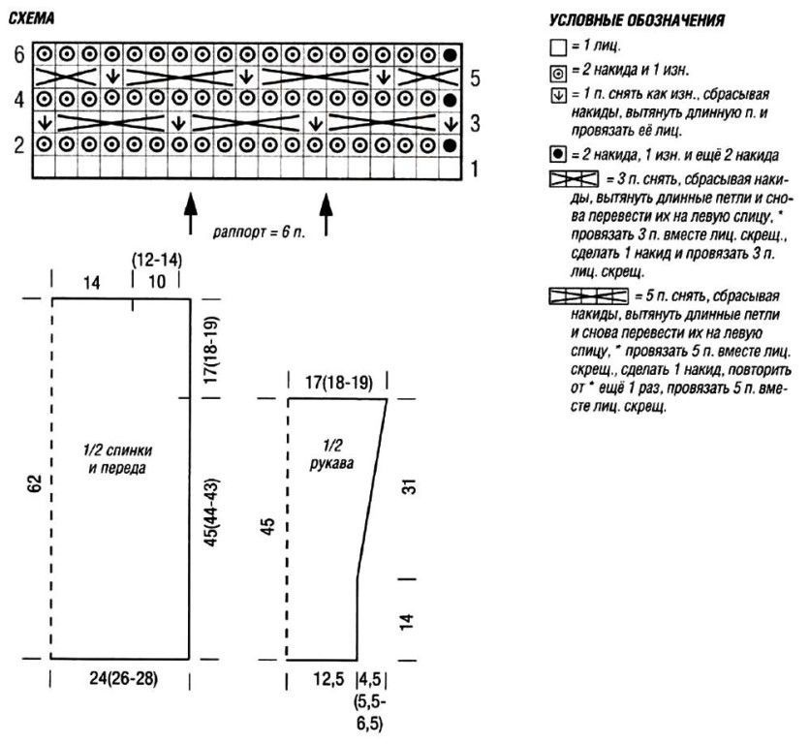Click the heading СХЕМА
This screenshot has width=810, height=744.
click(32, 19)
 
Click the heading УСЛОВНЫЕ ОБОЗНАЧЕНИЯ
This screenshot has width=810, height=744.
click(637, 20)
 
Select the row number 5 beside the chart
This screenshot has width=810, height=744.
click(475, 79)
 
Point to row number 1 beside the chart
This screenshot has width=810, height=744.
click(475, 169)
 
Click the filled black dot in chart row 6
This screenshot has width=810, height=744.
click(451, 55)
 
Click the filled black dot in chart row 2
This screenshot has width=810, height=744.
click(451, 145)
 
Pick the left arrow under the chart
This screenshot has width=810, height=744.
click(191, 214)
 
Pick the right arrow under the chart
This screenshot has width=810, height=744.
click(326, 214)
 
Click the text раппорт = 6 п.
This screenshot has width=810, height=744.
click(260, 232)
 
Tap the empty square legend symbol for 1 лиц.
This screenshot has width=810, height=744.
click(558, 48)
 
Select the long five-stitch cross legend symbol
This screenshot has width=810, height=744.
click(588, 296)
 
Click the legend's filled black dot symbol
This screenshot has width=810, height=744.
click(558, 154)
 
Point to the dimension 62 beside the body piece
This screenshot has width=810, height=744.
click(35, 483)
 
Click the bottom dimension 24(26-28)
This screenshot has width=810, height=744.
click(123, 678)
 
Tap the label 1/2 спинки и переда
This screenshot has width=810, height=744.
click(118, 459)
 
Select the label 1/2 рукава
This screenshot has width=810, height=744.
click(331, 454)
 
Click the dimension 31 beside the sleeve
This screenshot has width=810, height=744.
click(408, 486)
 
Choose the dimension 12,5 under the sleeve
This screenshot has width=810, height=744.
click(328, 679)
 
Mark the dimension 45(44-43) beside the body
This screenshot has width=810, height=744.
click(212, 512)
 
